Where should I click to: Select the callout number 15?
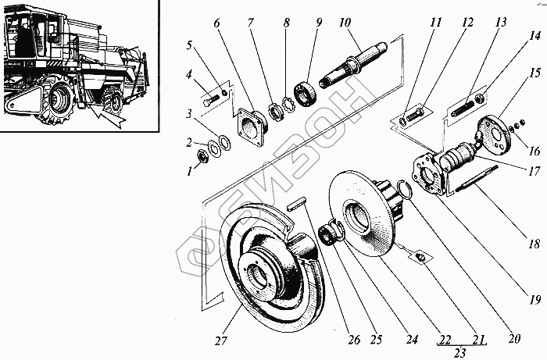(x=533, y=74)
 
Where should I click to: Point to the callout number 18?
(x=534, y=244)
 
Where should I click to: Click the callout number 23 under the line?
(x=456, y=353)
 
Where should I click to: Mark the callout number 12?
(x=467, y=23)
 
